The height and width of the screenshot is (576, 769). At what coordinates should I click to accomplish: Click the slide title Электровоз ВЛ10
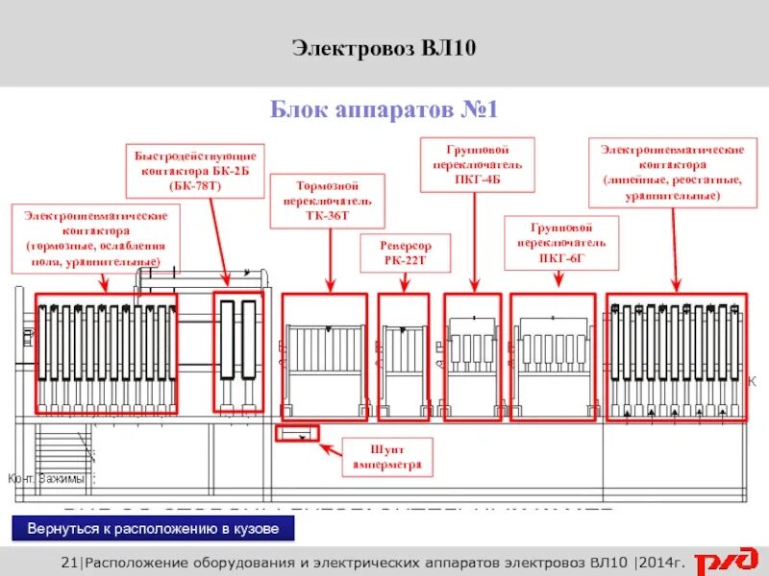384,49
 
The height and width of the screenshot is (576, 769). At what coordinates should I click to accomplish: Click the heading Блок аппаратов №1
384,110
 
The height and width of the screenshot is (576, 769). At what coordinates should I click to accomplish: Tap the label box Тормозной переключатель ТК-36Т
328,201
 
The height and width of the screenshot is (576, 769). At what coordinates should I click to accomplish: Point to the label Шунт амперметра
387,458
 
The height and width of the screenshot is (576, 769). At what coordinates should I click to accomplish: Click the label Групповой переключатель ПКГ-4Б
477,165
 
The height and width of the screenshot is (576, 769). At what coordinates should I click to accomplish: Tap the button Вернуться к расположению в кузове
154,529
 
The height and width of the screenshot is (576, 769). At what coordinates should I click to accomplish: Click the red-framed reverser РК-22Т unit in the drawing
404,357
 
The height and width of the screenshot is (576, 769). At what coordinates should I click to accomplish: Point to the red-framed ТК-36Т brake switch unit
324,357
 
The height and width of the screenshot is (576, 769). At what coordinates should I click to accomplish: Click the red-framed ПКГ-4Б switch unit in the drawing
472,357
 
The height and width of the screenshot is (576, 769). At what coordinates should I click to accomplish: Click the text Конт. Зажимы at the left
46,478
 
